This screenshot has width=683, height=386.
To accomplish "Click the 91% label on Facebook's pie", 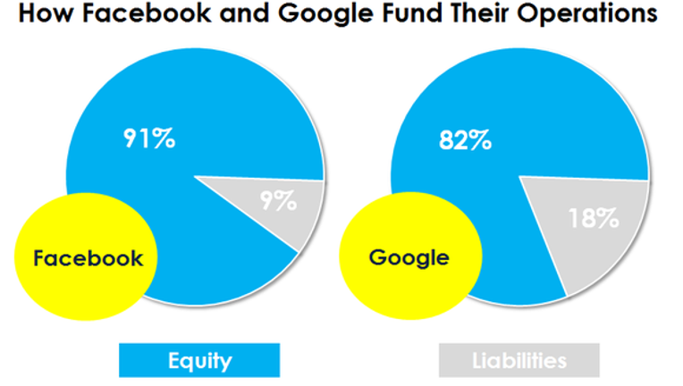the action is click(149, 138).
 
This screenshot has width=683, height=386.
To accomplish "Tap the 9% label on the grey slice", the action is click(279, 201).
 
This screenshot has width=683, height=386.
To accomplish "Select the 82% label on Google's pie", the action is click(465, 140).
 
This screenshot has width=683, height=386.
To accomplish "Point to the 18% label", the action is click(594, 218).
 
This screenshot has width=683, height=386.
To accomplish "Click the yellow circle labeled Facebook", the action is click(86, 256).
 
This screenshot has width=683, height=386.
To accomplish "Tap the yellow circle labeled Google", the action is click(410, 256).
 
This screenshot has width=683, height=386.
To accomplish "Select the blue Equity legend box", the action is click(199, 360).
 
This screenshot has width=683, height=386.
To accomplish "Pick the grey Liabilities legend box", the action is click(519, 360).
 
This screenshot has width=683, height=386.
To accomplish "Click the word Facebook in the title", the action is click(147, 13).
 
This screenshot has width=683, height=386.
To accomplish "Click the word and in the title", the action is click(245, 13).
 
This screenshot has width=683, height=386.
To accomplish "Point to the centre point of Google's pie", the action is click(519, 176).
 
